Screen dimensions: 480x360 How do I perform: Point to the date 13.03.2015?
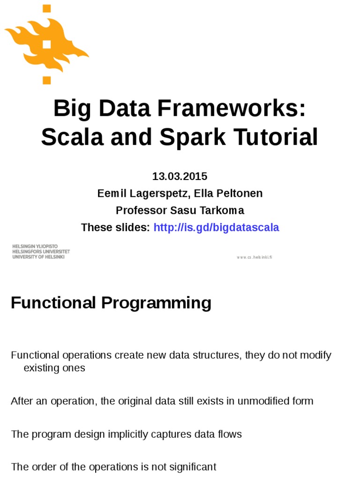click(x=180, y=176)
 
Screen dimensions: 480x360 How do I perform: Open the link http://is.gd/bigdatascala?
click(x=216, y=227)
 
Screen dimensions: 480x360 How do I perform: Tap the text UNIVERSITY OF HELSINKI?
click(x=38, y=257)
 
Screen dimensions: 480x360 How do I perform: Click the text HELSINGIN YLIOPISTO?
click(x=35, y=247)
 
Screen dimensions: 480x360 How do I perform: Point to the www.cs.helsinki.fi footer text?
click(x=254, y=257)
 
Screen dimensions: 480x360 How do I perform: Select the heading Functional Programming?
click(x=111, y=303)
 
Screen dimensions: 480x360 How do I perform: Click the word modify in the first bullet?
click(x=315, y=355)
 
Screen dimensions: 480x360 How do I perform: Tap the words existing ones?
click(x=54, y=368)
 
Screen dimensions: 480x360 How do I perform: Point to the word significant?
click(x=193, y=467)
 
